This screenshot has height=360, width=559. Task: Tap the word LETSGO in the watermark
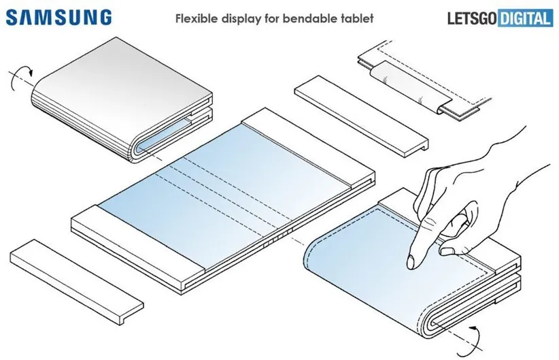coord(470,18)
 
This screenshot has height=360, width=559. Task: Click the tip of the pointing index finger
coord(411,262)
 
